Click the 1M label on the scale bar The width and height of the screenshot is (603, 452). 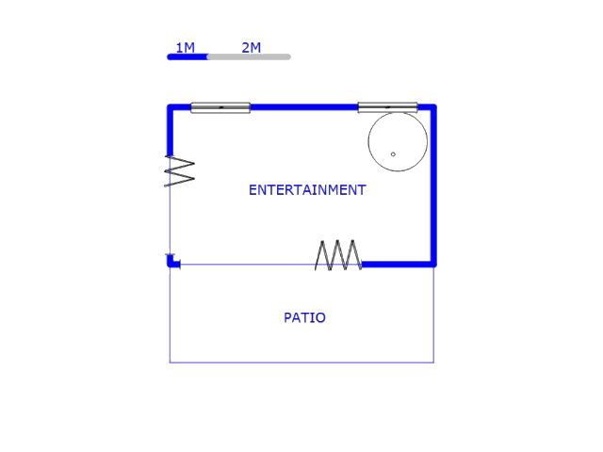point(185,47)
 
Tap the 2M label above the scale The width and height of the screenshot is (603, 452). point(251,47)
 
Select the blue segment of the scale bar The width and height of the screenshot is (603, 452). point(187,56)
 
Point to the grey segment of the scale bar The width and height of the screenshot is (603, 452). point(249,56)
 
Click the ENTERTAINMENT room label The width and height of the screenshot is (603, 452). point(307,189)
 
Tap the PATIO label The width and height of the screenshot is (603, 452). point(304,317)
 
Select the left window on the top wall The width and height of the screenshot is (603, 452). point(220,107)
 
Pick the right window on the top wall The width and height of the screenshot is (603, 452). point(387,107)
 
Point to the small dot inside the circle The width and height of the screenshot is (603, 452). point(393,153)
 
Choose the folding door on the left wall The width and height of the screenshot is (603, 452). point(179,170)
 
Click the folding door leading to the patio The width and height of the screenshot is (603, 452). point(338,255)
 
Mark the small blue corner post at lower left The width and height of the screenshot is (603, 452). point(172,262)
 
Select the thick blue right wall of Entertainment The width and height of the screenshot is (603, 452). point(433,188)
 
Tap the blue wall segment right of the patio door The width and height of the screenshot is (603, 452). point(397,265)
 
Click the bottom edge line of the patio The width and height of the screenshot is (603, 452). point(301,363)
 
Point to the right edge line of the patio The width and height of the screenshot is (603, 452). point(433,315)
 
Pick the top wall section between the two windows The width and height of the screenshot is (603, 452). point(303,107)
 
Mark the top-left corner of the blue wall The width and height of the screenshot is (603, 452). point(171,108)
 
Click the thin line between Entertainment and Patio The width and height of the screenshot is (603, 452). point(245,265)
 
